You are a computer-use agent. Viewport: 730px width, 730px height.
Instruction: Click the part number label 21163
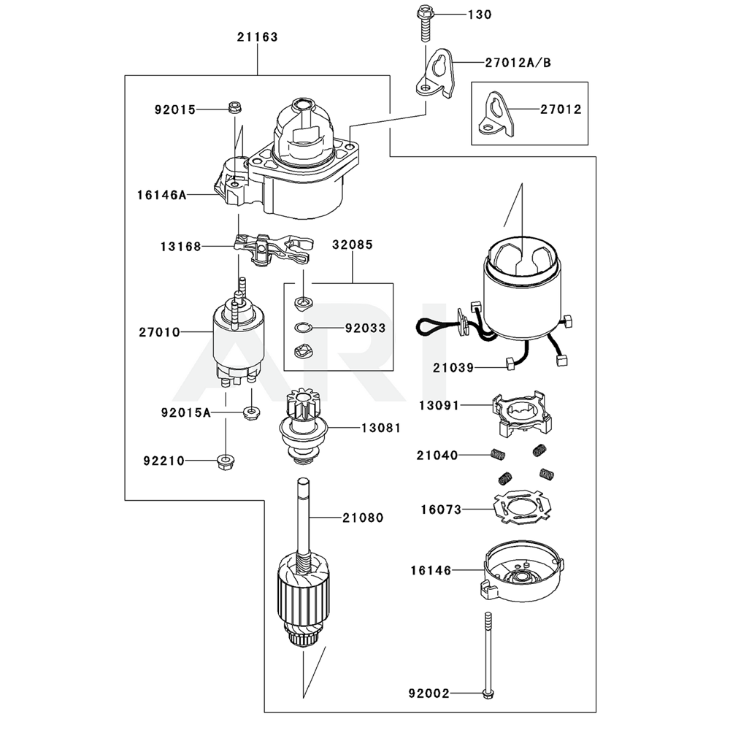[257, 36]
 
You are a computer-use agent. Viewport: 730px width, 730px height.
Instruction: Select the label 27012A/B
[517, 63]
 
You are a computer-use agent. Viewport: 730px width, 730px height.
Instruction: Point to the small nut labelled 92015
[235, 107]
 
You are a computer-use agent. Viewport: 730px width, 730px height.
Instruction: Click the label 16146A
[161, 195]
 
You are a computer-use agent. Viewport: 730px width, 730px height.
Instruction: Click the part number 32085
[353, 245]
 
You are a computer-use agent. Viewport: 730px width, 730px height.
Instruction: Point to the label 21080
[362, 518]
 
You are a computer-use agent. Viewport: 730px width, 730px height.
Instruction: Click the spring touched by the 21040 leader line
[496, 455]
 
